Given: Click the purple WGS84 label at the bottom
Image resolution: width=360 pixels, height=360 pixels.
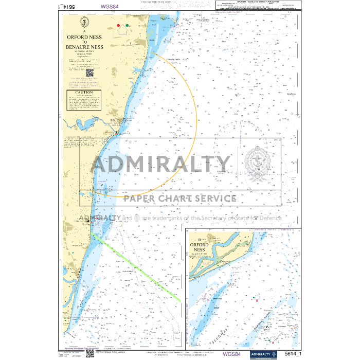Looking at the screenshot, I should click(231, 354).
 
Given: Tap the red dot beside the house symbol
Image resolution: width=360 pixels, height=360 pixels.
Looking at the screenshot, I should click(118, 25).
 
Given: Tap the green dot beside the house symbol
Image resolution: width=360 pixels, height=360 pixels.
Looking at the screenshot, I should click(127, 25).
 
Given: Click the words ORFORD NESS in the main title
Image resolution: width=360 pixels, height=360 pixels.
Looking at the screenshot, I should click(84, 38).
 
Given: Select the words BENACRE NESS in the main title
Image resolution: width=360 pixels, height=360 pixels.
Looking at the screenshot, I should click(84, 47).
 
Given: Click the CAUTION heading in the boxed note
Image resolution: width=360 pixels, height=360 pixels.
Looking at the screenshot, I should click(84, 93).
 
